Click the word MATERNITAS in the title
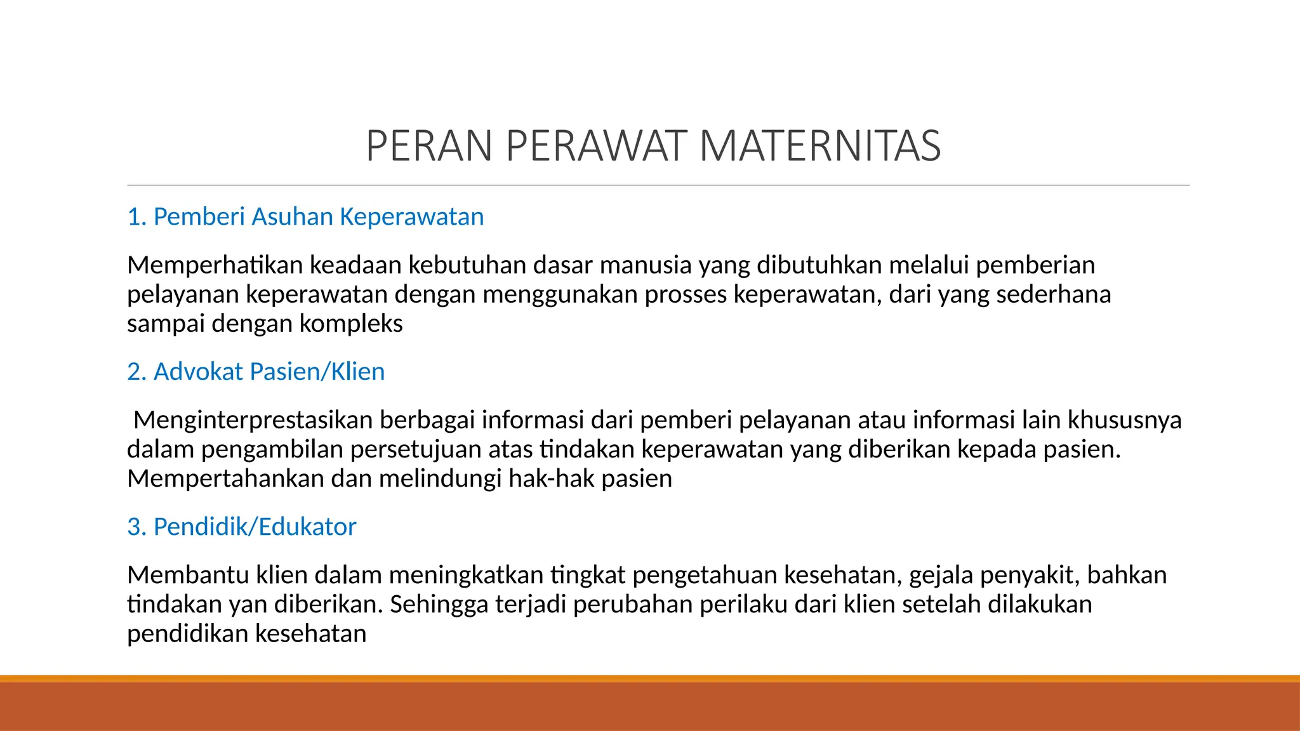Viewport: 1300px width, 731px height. coord(819,147)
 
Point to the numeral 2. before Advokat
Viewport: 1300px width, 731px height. coord(136,372)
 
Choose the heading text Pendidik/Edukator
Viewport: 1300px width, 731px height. coord(255,527)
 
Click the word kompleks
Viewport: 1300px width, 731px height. coord(351,324)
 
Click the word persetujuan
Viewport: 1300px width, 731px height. coord(416,450)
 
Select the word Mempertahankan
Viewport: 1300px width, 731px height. coord(225,478)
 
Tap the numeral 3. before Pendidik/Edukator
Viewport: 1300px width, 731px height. coord(136,527)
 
